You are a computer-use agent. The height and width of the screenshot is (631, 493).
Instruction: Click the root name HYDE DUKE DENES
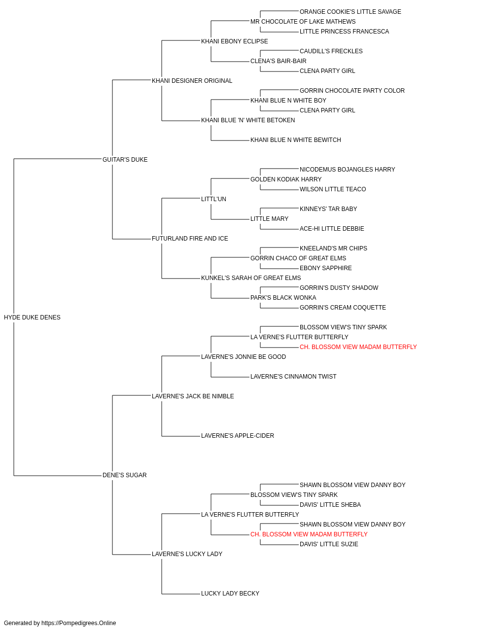32,317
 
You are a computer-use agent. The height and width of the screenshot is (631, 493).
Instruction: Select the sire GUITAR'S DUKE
125,160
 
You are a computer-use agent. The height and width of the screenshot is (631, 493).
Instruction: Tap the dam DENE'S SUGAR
125,475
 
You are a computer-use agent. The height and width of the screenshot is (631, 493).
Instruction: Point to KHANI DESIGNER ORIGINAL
192,81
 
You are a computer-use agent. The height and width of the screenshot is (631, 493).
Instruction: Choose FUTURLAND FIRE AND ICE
190,239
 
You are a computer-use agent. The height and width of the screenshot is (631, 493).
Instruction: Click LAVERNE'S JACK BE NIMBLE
193,396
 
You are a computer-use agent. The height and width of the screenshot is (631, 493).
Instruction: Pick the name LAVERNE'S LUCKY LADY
187,554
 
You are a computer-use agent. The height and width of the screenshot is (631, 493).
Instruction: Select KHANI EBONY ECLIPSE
235,41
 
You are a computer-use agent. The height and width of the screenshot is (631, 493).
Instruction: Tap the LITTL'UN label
213,199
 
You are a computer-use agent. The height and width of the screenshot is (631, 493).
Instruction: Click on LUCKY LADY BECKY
230,593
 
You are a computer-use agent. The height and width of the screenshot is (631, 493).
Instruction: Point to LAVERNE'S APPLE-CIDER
238,436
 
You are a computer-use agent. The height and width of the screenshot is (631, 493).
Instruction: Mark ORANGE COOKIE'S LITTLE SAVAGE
351,12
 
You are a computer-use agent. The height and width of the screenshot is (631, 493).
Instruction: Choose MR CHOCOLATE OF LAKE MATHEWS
303,22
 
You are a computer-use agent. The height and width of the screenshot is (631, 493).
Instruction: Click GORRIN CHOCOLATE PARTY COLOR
352,91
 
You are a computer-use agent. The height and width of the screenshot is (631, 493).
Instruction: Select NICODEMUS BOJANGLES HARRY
347,169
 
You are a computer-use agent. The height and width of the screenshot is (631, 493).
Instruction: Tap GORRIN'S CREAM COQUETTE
343,308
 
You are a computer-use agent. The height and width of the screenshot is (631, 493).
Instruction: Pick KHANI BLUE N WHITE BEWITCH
296,140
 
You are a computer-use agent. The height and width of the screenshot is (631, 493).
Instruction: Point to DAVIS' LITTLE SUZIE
329,544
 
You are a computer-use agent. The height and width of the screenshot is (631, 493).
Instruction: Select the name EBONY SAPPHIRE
326,268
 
